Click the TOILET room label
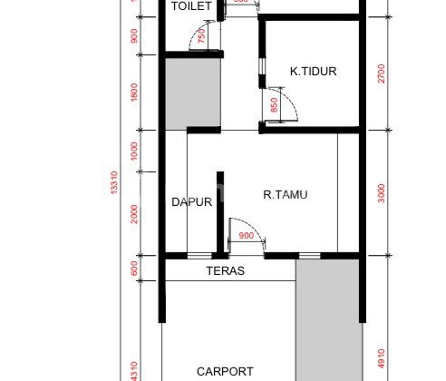[191, 6]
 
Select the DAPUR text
[191, 202]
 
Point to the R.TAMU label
[285, 192]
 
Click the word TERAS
[225, 271]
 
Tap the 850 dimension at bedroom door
[274, 106]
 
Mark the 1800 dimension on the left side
[135, 93]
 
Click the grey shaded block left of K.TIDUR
[193, 91]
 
